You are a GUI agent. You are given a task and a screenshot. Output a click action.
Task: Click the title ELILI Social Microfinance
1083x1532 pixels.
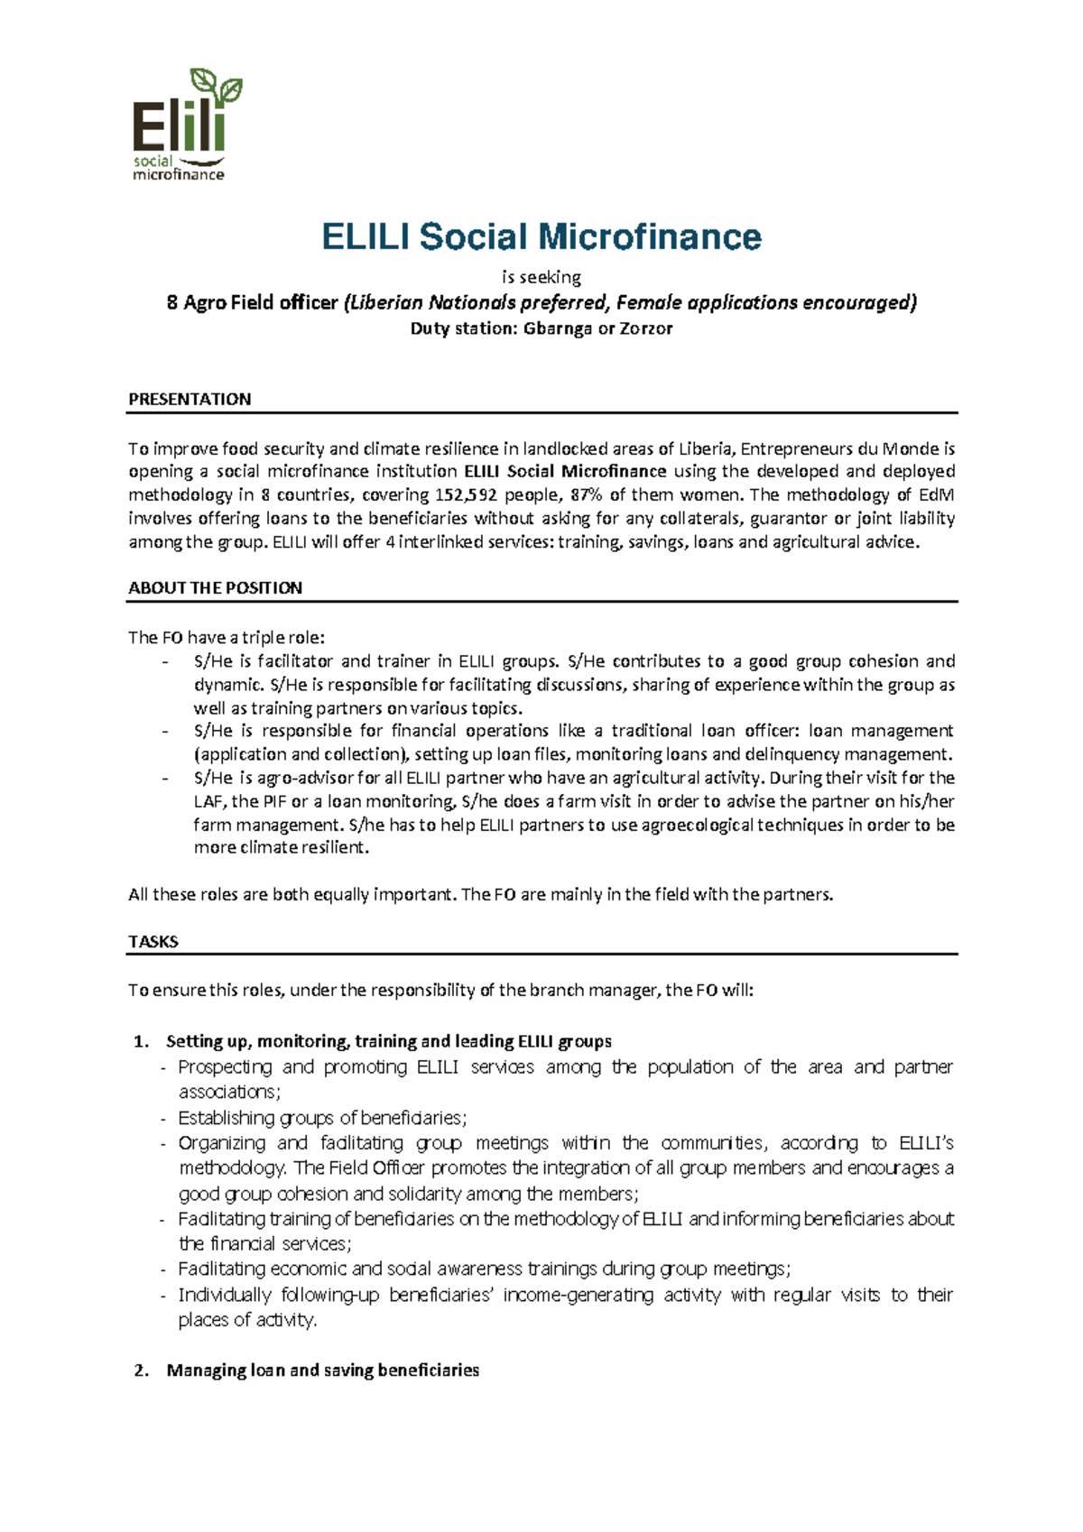point(541,237)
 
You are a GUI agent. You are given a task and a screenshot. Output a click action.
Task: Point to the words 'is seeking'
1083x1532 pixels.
point(541,277)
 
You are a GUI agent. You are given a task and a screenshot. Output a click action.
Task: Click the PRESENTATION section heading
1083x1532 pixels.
point(190,399)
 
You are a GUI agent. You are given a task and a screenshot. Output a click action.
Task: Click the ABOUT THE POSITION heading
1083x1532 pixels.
point(215,587)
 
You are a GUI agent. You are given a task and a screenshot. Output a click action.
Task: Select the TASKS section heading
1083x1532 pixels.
point(153,941)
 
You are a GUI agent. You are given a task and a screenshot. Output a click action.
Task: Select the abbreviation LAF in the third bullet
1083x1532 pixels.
point(208,801)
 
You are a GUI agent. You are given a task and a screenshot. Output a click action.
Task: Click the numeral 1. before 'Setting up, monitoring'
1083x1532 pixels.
point(141,1041)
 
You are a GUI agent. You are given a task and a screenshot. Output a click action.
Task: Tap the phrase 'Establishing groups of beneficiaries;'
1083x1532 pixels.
point(322,1118)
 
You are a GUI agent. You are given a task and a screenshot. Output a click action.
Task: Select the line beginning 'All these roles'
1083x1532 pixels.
point(481,894)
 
